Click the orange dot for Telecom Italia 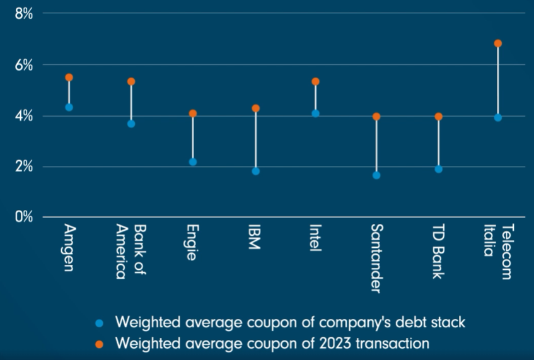(498, 44)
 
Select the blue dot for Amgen (69, 107)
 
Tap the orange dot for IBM (255, 108)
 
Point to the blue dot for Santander (376, 175)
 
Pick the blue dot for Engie (193, 162)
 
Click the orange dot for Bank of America (131, 81)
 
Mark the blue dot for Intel (316, 113)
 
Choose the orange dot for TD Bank (439, 117)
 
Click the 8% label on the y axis (23, 13)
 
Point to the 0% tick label (23, 218)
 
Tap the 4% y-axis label (23, 116)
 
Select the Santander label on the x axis (376, 258)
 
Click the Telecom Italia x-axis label (498, 251)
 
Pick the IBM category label (255, 238)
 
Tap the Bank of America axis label (131, 251)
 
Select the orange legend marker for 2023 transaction (100, 344)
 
